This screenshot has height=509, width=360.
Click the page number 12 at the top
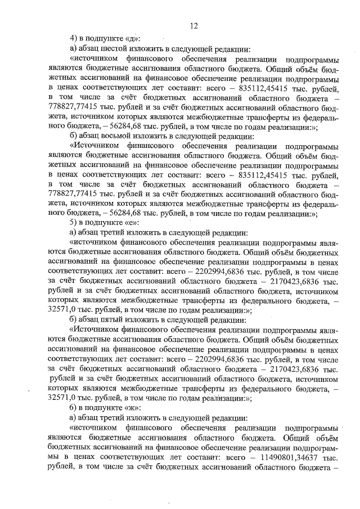(x=193, y=25)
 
